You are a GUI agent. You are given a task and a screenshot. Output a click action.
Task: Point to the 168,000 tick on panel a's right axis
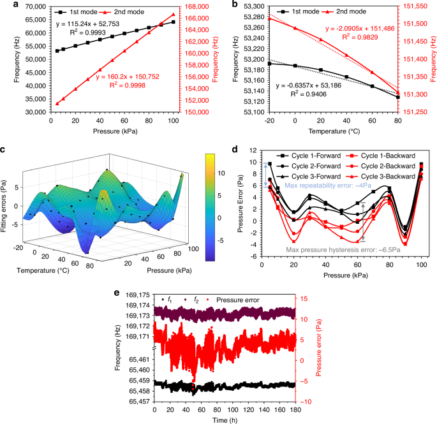(199, 7)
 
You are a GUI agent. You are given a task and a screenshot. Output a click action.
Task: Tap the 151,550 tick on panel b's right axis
(417, 7)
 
